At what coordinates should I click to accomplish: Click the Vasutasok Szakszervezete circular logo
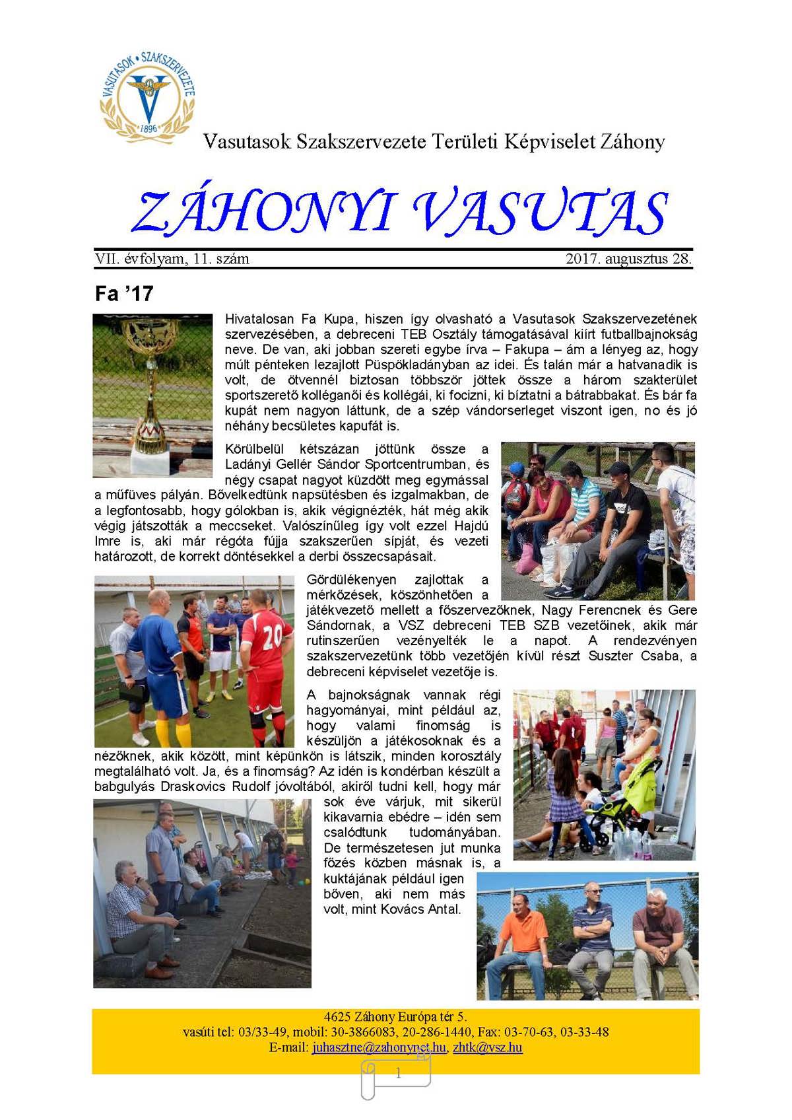click(x=148, y=92)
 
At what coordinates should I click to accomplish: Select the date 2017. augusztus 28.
click(x=628, y=259)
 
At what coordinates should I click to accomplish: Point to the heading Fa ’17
click(x=124, y=293)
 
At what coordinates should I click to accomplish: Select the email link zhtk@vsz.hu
click(x=488, y=1047)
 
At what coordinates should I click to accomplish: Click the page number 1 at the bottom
click(x=398, y=1074)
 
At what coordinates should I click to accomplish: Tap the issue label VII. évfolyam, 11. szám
click(x=172, y=259)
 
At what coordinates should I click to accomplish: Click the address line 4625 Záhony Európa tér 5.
click(x=395, y=1017)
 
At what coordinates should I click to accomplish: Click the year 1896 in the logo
click(x=148, y=128)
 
